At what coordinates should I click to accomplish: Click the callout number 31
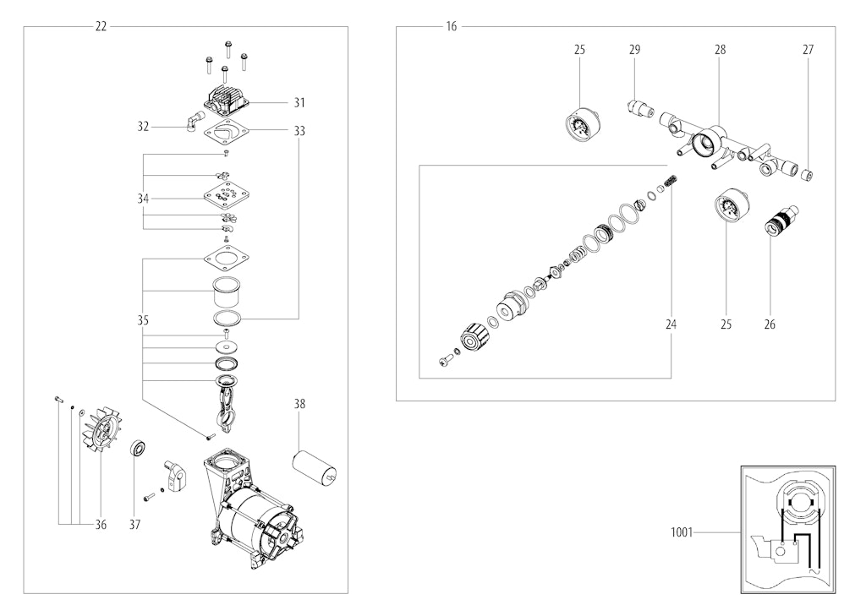point(299,103)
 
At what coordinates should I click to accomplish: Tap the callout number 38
point(299,404)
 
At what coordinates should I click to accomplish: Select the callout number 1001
point(681,532)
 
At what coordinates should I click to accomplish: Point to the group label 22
point(101,26)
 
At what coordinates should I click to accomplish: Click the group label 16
point(452,26)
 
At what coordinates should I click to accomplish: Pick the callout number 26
point(770,324)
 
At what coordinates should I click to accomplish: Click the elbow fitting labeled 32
point(195,120)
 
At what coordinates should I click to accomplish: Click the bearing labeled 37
point(138,448)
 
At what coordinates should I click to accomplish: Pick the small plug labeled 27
point(807,176)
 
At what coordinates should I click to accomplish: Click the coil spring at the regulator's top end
point(670,181)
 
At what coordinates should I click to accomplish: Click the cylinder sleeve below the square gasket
point(228,293)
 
